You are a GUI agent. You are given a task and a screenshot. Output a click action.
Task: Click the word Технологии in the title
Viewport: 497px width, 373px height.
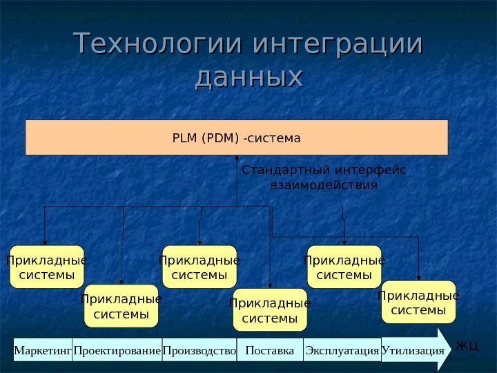158,44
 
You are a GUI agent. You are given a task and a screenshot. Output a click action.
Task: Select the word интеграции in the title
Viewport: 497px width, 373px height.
338,44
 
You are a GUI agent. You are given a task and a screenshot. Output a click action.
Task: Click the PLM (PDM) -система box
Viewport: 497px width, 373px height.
237,137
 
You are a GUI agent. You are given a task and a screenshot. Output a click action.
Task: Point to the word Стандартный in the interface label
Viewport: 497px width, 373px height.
286,171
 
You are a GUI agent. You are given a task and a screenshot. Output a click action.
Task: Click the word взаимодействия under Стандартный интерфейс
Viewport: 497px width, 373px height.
324,186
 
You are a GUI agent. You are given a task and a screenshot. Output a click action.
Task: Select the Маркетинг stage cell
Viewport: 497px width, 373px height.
43,350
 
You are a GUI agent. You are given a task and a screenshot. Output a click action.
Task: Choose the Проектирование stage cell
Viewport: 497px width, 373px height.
117,350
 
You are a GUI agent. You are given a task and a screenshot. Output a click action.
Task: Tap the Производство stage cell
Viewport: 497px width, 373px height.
199,350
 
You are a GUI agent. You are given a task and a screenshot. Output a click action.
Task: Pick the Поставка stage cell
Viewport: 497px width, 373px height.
269,350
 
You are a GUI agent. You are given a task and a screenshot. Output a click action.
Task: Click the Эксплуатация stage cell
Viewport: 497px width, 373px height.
342,350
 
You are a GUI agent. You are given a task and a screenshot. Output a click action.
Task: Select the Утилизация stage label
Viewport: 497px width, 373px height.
413,350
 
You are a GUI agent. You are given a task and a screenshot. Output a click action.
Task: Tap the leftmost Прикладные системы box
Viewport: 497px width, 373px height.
47,267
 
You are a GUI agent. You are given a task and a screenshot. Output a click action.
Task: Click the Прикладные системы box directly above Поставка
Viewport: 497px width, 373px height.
270,310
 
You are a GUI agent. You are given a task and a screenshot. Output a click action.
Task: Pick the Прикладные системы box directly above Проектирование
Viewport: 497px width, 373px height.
121,306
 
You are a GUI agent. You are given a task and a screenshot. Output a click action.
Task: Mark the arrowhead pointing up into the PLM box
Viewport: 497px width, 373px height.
237,160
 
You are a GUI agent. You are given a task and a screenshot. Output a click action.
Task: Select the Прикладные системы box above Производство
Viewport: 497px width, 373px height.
199,267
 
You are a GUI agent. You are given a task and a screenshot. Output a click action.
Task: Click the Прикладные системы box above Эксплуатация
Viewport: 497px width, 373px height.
344,267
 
